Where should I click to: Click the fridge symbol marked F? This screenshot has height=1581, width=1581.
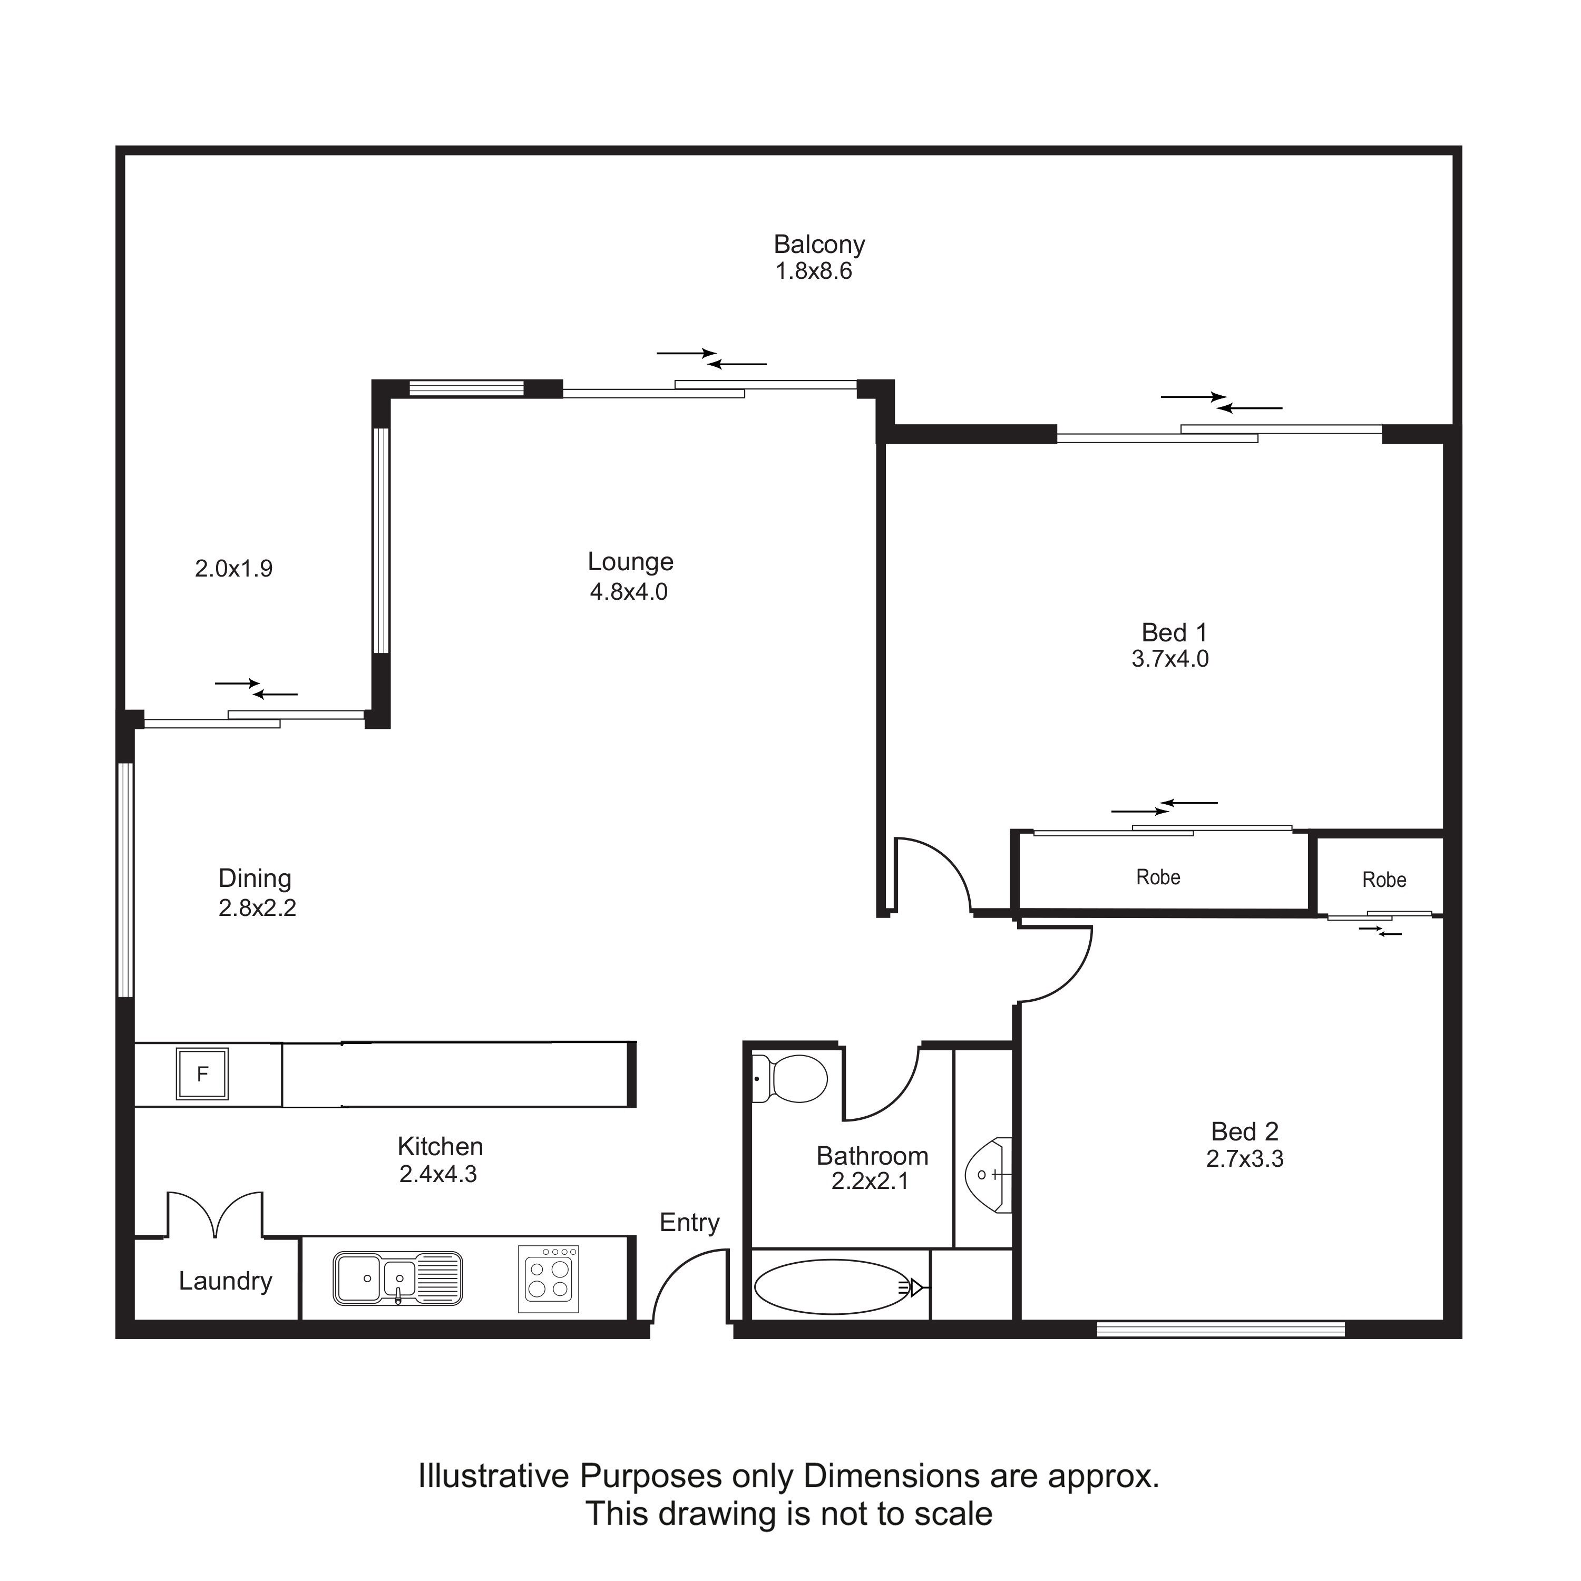(x=202, y=1073)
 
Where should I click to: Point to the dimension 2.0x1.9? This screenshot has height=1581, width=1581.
(x=233, y=568)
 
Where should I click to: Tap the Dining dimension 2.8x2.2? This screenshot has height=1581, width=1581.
(x=257, y=907)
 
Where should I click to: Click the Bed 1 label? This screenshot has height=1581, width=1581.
(x=1174, y=632)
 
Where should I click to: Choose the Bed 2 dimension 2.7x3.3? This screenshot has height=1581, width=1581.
(x=1245, y=1159)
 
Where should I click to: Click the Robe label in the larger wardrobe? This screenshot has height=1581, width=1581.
(x=1158, y=877)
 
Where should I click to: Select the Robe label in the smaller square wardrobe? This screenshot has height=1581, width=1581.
(x=1384, y=880)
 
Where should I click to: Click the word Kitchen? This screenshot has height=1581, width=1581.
(x=440, y=1146)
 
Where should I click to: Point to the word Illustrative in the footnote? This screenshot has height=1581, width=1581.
(x=493, y=1476)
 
